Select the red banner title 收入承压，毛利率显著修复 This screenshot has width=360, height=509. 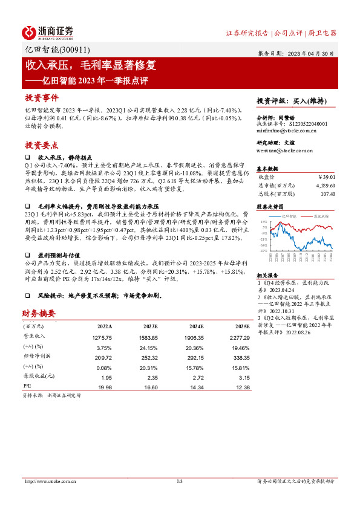click(x=90, y=65)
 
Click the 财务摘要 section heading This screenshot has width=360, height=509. click(x=39, y=313)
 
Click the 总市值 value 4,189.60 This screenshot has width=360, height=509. click(x=324, y=185)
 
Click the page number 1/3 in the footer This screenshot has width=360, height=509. click(x=179, y=481)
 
